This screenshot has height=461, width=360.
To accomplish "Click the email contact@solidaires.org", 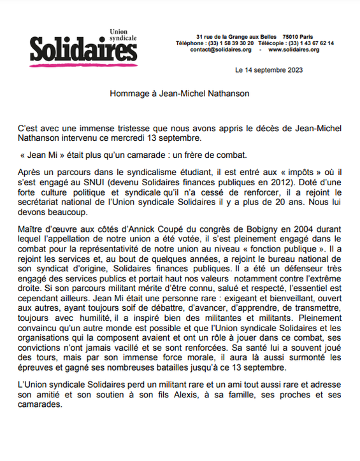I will click(220, 50).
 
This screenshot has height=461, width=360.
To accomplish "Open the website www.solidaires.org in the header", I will click(294, 50).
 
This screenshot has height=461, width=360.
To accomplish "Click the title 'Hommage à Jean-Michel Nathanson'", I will click(180, 93).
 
